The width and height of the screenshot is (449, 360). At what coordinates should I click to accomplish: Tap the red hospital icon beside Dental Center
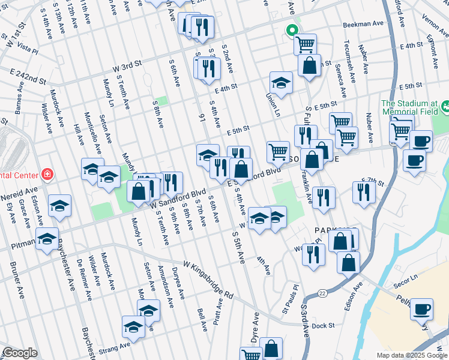(x=47, y=175)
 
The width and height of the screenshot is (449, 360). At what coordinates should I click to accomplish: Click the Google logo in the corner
(x=20, y=353)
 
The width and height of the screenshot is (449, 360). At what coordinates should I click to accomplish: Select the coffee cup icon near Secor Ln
(x=421, y=308)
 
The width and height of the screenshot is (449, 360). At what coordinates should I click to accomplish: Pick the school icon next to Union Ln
(x=280, y=82)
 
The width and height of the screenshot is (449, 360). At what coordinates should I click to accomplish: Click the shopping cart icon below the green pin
(x=306, y=43)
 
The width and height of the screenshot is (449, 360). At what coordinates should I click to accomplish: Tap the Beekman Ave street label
(x=363, y=25)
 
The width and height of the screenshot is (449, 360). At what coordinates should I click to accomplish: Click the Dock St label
(x=322, y=326)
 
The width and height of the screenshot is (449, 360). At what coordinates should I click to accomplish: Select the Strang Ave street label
(x=116, y=347)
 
